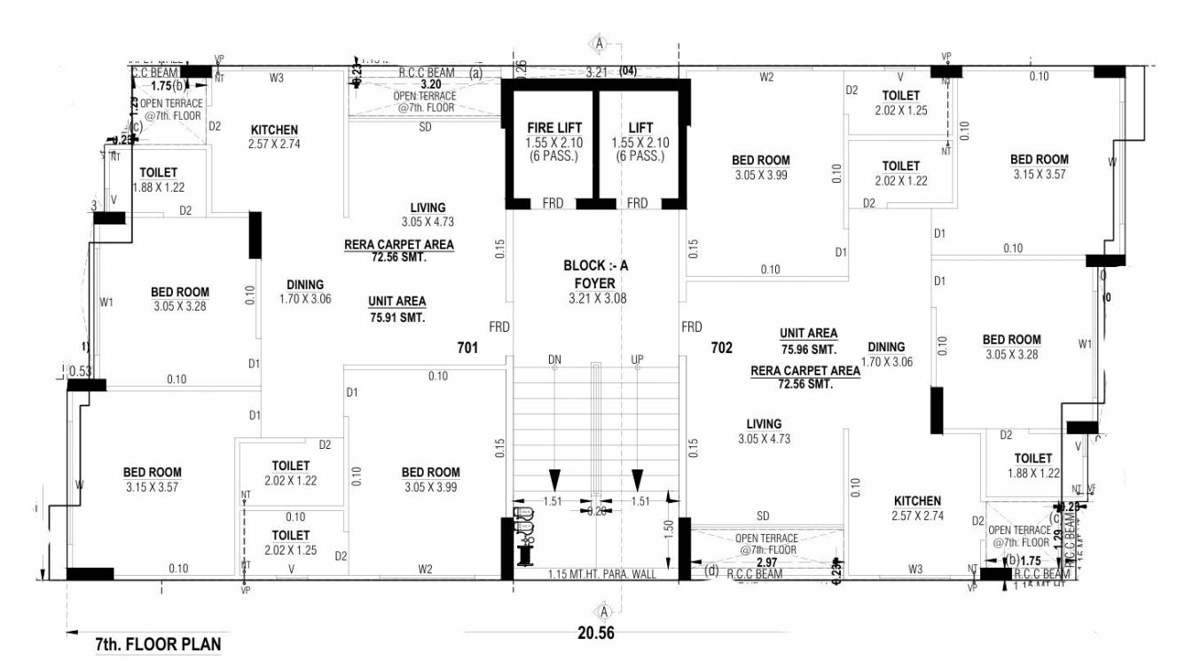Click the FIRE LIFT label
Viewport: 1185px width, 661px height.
(554, 128)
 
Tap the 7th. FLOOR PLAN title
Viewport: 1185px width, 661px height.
(158, 644)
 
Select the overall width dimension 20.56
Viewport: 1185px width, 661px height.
(595, 633)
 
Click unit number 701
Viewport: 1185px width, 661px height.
(467, 348)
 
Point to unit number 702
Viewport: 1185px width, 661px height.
(722, 348)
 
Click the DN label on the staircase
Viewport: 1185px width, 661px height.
(554, 359)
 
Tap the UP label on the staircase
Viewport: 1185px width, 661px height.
(637, 359)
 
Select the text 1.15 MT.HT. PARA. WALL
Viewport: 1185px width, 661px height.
(602, 574)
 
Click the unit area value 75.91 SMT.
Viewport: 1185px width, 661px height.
(396, 317)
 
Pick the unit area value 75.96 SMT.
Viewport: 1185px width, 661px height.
(808, 349)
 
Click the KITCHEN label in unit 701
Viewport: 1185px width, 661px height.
(274, 130)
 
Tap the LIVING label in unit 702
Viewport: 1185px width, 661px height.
(764, 424)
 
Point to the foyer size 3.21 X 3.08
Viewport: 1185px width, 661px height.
(597, 299)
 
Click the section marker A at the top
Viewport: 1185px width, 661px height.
(600, 43)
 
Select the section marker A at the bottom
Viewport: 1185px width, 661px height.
(602, 610)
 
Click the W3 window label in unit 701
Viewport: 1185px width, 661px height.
(277, 77)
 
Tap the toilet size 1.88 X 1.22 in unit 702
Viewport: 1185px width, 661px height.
(1033, 474)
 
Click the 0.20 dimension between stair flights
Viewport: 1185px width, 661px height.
(595, 511)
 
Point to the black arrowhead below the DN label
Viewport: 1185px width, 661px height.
(554, 479)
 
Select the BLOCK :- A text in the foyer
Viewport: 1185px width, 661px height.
(597, 265)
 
